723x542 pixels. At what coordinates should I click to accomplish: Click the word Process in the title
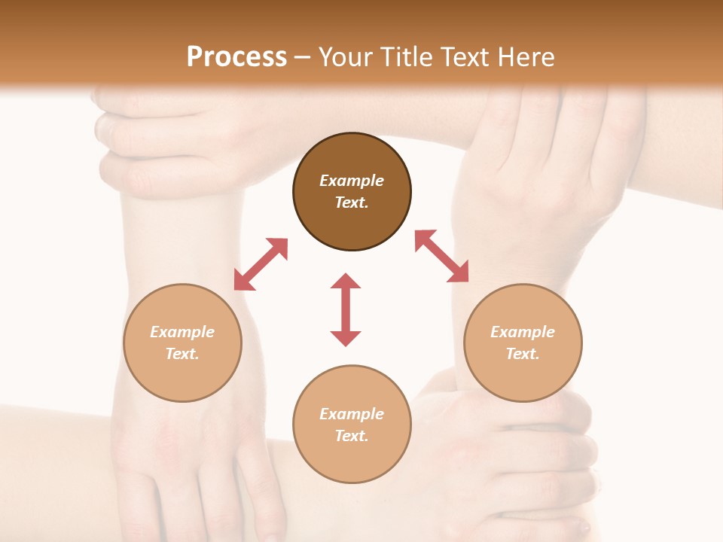[236, 57]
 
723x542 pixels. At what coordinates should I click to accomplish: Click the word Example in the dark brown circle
[352, 181]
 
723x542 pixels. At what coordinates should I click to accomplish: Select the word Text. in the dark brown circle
[352, 202]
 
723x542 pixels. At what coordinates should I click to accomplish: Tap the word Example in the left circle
[182, 332]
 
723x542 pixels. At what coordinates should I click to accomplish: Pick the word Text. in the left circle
[182, 354]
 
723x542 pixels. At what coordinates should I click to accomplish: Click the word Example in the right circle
[523, 332]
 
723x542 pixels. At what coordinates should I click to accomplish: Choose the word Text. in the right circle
[523, 354]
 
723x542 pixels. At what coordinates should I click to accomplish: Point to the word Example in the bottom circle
[352, 414]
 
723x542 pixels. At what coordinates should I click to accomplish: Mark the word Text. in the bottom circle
[352, 436]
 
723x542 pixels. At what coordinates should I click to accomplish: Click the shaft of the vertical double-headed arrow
[346, 309]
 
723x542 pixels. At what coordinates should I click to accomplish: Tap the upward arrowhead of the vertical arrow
[346, 282]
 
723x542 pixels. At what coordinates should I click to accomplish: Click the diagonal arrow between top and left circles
[261, 264]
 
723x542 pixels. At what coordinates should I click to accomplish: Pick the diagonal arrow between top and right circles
[442, 256]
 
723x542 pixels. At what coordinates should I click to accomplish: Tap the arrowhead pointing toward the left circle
[243, 282]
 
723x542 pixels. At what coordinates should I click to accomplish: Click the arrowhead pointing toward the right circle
[459, 273]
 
